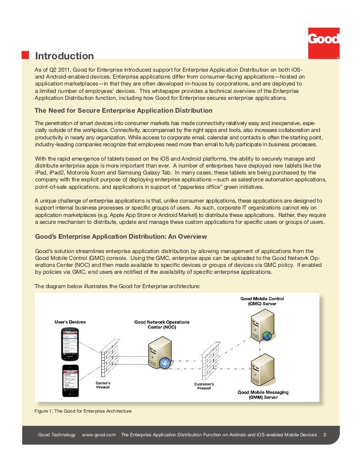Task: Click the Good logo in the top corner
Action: tap(324, 40)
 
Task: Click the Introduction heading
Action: tap(65, 56)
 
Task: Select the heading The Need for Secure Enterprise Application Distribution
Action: tap(124, 111)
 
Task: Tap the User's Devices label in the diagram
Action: tap(70, 322)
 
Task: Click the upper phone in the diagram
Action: tap(69, 344)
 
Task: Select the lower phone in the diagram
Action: tap(69, 381)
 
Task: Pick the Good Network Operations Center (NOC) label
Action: tap(162, 325)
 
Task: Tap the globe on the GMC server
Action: tap(267, 336)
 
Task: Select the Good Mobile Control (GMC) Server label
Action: tap(262, 301)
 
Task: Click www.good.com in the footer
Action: tap(99, 435)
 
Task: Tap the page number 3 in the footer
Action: tap(324, 435)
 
